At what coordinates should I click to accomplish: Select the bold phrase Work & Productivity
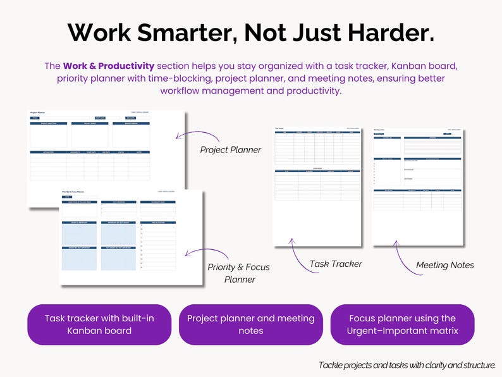(x=108, y=66)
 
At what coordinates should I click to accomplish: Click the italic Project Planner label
(x=230, y=150)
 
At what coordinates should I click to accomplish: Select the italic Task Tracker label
(x=335, y=264)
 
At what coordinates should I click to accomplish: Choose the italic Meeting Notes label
(x=444, y=265)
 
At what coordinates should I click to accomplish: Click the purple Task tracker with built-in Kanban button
(x=99, y=324)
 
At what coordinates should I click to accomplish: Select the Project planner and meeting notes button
(x=251, y=324)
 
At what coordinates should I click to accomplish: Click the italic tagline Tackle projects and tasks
(x=407, y=365)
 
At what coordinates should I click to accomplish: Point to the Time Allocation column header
(x=157, y=222)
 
